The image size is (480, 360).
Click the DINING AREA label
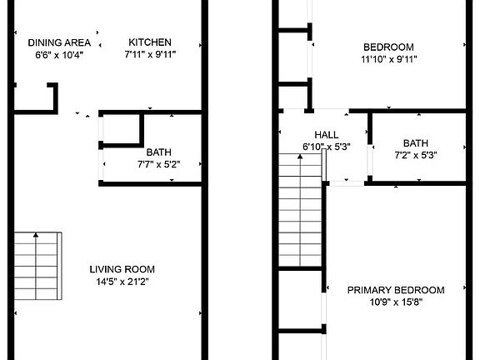59,42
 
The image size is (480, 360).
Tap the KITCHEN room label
150,42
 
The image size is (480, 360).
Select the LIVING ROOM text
122,269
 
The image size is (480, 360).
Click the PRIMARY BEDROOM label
396,290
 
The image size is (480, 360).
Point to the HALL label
327,134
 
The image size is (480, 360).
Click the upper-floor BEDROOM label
388,47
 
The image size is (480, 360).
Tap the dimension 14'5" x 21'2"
122,282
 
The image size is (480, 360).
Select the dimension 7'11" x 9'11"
150,55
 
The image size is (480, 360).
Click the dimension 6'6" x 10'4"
59,55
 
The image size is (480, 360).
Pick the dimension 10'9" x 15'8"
396,302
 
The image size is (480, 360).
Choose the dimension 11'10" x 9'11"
388,59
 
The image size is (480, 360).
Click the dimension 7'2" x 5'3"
416,154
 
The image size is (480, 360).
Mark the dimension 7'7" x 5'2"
158,164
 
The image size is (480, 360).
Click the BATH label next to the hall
416,142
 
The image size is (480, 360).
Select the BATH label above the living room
158,152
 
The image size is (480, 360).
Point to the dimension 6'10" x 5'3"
327,147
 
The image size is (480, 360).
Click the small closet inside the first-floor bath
121,129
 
